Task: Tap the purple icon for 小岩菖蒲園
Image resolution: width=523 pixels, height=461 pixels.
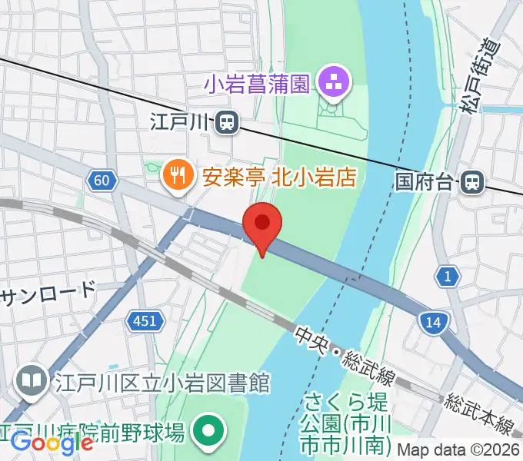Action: click(334, 82)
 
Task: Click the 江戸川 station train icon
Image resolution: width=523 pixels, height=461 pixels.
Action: click(226, 121)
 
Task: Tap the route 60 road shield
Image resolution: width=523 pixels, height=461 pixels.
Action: click(102, 181)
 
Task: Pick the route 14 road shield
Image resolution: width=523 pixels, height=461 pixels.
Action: click(433, 323)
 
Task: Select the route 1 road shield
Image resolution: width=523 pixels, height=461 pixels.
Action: click(446, 277)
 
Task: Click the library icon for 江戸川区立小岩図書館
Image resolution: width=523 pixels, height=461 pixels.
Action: click(33, 380)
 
